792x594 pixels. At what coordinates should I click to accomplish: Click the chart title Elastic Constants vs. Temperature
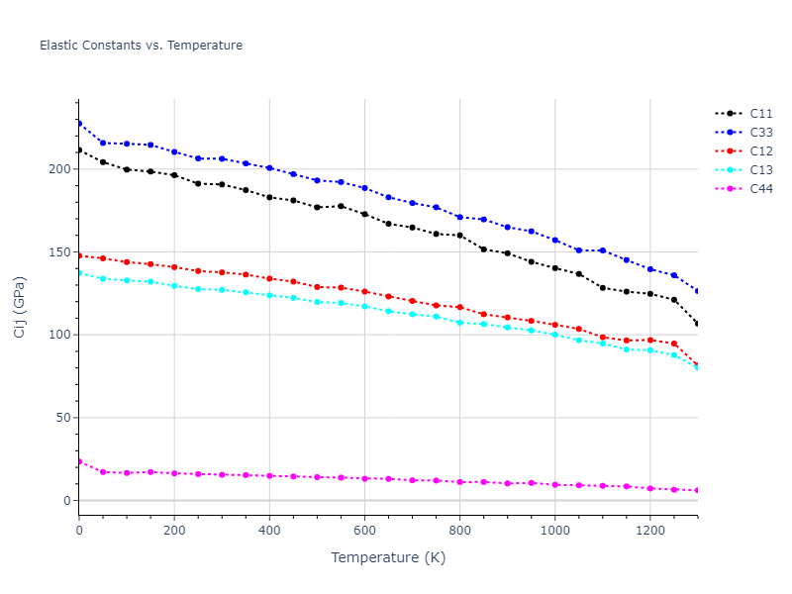(141, 46)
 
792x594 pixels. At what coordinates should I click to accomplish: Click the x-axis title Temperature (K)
(388, 557)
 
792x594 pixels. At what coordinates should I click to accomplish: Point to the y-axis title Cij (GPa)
(20, 307)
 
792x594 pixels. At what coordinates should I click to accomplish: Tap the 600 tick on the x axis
(364, 530)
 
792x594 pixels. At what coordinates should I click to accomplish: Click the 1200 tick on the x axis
(649, 530)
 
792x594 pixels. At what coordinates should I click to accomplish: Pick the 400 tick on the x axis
(269, 530)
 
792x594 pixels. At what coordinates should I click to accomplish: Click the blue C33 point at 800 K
(459, 217)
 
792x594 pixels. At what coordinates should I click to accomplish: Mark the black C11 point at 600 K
(364, 214)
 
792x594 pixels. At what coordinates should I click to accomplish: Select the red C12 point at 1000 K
(554, 325)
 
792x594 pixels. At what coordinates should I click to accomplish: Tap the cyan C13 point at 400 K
(269, 295)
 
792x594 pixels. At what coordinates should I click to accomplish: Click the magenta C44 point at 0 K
(79, 461)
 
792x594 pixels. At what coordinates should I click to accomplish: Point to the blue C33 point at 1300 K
(697, 291)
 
